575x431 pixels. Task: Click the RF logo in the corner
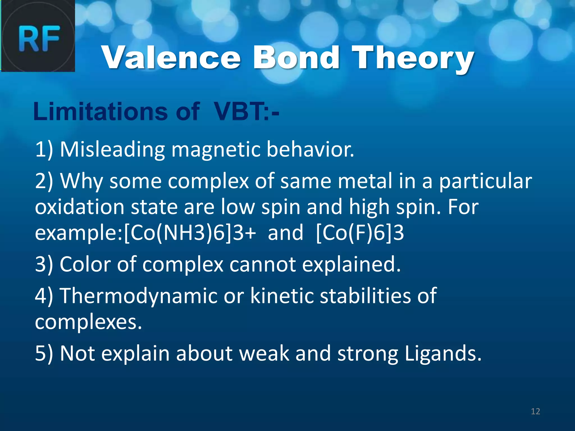point(38,36)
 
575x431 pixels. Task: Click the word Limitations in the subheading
point(100,112)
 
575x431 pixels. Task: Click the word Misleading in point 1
point(112,149)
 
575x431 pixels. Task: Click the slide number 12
point(535,411)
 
